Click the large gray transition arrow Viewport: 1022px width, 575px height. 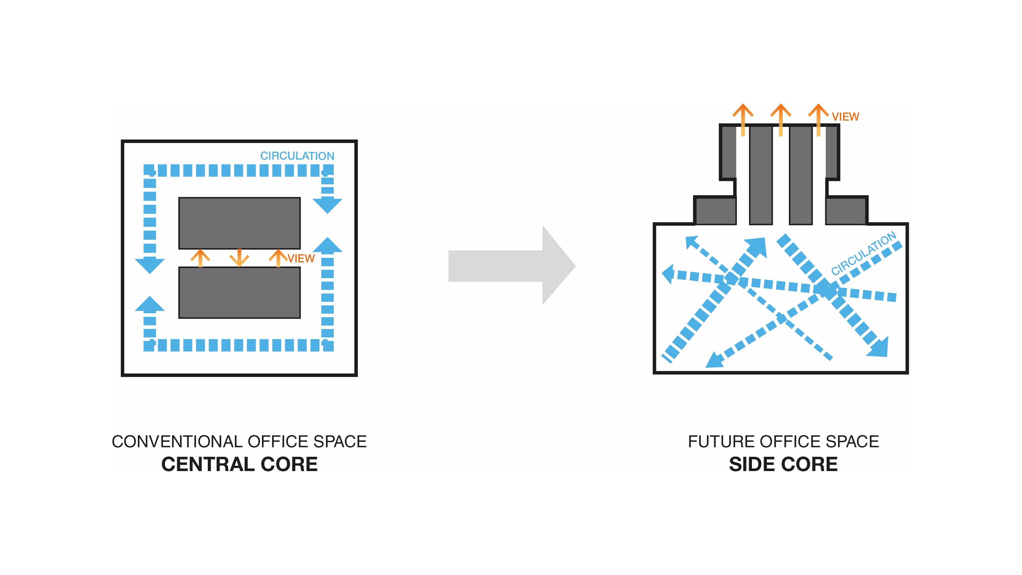512,266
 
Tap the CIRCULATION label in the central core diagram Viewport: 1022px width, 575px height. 297,156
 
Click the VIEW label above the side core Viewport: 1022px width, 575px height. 845,117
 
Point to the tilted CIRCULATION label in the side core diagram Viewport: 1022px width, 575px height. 863,254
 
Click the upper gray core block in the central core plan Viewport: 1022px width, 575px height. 239,223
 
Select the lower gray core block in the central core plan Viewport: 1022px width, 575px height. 239,292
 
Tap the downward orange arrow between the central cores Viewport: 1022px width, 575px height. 239,258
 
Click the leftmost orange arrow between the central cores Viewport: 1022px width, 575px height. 200,258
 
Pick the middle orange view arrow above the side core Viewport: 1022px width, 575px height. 780,119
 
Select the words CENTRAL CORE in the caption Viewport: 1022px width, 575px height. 239,464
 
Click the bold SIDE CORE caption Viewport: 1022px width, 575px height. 783,464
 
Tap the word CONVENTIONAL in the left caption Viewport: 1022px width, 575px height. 177,442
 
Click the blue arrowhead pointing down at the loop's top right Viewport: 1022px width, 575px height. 327,204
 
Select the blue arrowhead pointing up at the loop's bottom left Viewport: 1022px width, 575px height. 149,304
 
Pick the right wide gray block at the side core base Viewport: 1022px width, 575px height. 845,211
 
